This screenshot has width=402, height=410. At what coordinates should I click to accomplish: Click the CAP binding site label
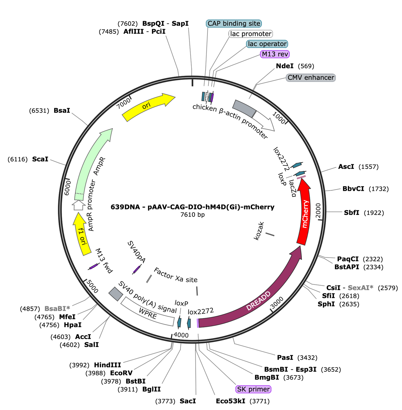tap(234, 24)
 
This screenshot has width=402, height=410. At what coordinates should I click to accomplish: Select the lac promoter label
tap(251, 34)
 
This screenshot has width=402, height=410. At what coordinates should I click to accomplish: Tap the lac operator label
tap(267, 44)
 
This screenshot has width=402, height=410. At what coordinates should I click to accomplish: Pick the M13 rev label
tap(275, 54)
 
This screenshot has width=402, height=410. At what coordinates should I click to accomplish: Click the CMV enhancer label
tap(311, 78)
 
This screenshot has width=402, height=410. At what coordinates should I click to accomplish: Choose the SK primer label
tap(253, 389)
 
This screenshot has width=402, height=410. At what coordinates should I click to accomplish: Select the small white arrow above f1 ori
tap(79, 206)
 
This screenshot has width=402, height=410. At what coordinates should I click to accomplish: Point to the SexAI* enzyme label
tap(360, 288)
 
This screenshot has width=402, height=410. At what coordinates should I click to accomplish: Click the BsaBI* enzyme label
tap(57, 309)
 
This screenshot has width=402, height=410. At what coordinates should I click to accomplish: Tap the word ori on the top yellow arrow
tap(146, 106)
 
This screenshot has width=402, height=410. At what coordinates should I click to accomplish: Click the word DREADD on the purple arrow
tap(258, 301)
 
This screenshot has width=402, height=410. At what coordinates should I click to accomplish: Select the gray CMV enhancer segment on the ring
tap(243, 108)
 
